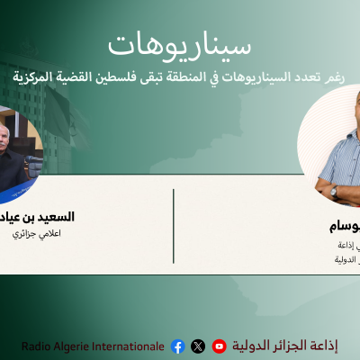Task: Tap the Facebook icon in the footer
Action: [177, 346]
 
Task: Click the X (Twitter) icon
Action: [198, 346]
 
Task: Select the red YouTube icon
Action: [219, 346]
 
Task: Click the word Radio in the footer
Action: [35, 346]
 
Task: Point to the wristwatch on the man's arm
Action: [333, 190]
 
